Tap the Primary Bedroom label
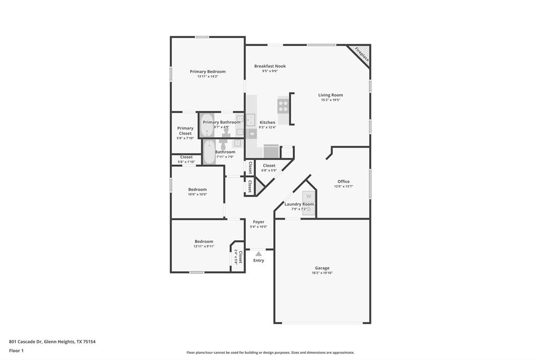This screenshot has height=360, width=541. (208, 72)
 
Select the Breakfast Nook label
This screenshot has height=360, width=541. (269, 66)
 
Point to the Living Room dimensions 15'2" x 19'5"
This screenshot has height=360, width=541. (330, 100)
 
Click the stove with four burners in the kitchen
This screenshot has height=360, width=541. (283, 106)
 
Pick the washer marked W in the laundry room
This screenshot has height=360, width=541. (309, 196)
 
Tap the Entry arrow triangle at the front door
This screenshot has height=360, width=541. (258, 254)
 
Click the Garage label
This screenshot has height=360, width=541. (322, 268)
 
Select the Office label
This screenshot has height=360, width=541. (343, 182)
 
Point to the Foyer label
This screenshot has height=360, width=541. (258, 222)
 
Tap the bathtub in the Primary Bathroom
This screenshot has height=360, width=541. (206, 125)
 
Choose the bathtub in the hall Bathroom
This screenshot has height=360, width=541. (209, 152)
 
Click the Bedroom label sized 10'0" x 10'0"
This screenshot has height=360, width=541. (198, 190)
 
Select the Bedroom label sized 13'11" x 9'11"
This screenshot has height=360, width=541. (204, 241)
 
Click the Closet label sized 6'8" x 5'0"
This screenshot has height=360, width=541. (269, 166)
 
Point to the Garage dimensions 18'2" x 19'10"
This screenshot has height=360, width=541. (322, 273)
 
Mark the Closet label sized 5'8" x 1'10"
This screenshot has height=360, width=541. (186, 157)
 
